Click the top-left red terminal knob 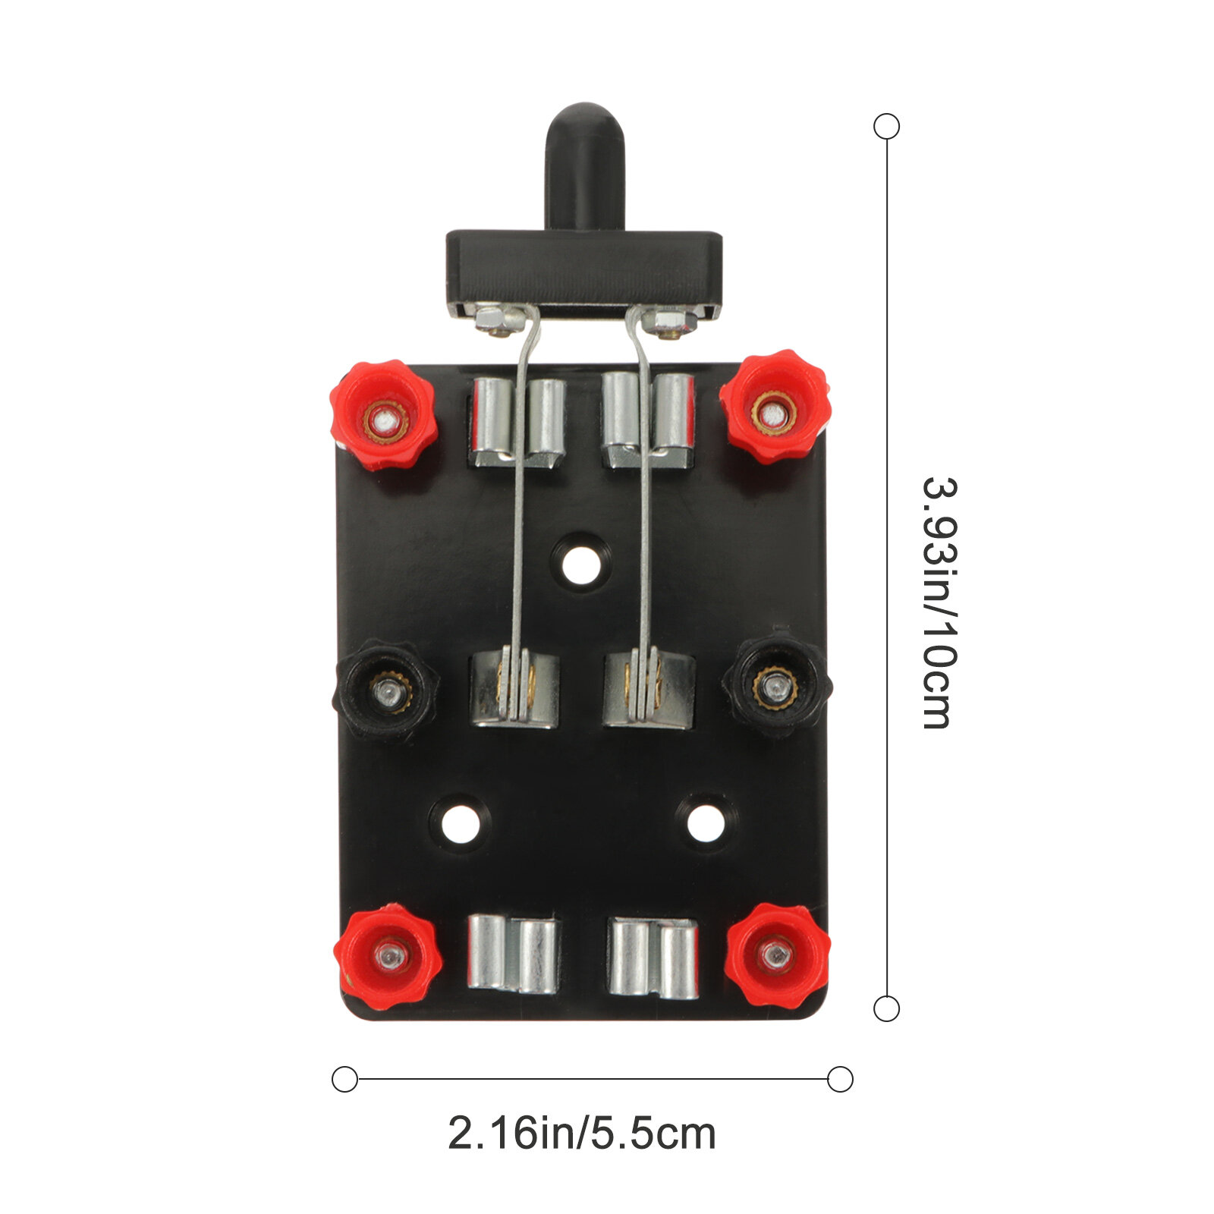click(x=384, y=415)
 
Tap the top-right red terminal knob click(x=774, y=407)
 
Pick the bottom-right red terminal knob click(x=777, y=955)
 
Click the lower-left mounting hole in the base click(x=460, y=824)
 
